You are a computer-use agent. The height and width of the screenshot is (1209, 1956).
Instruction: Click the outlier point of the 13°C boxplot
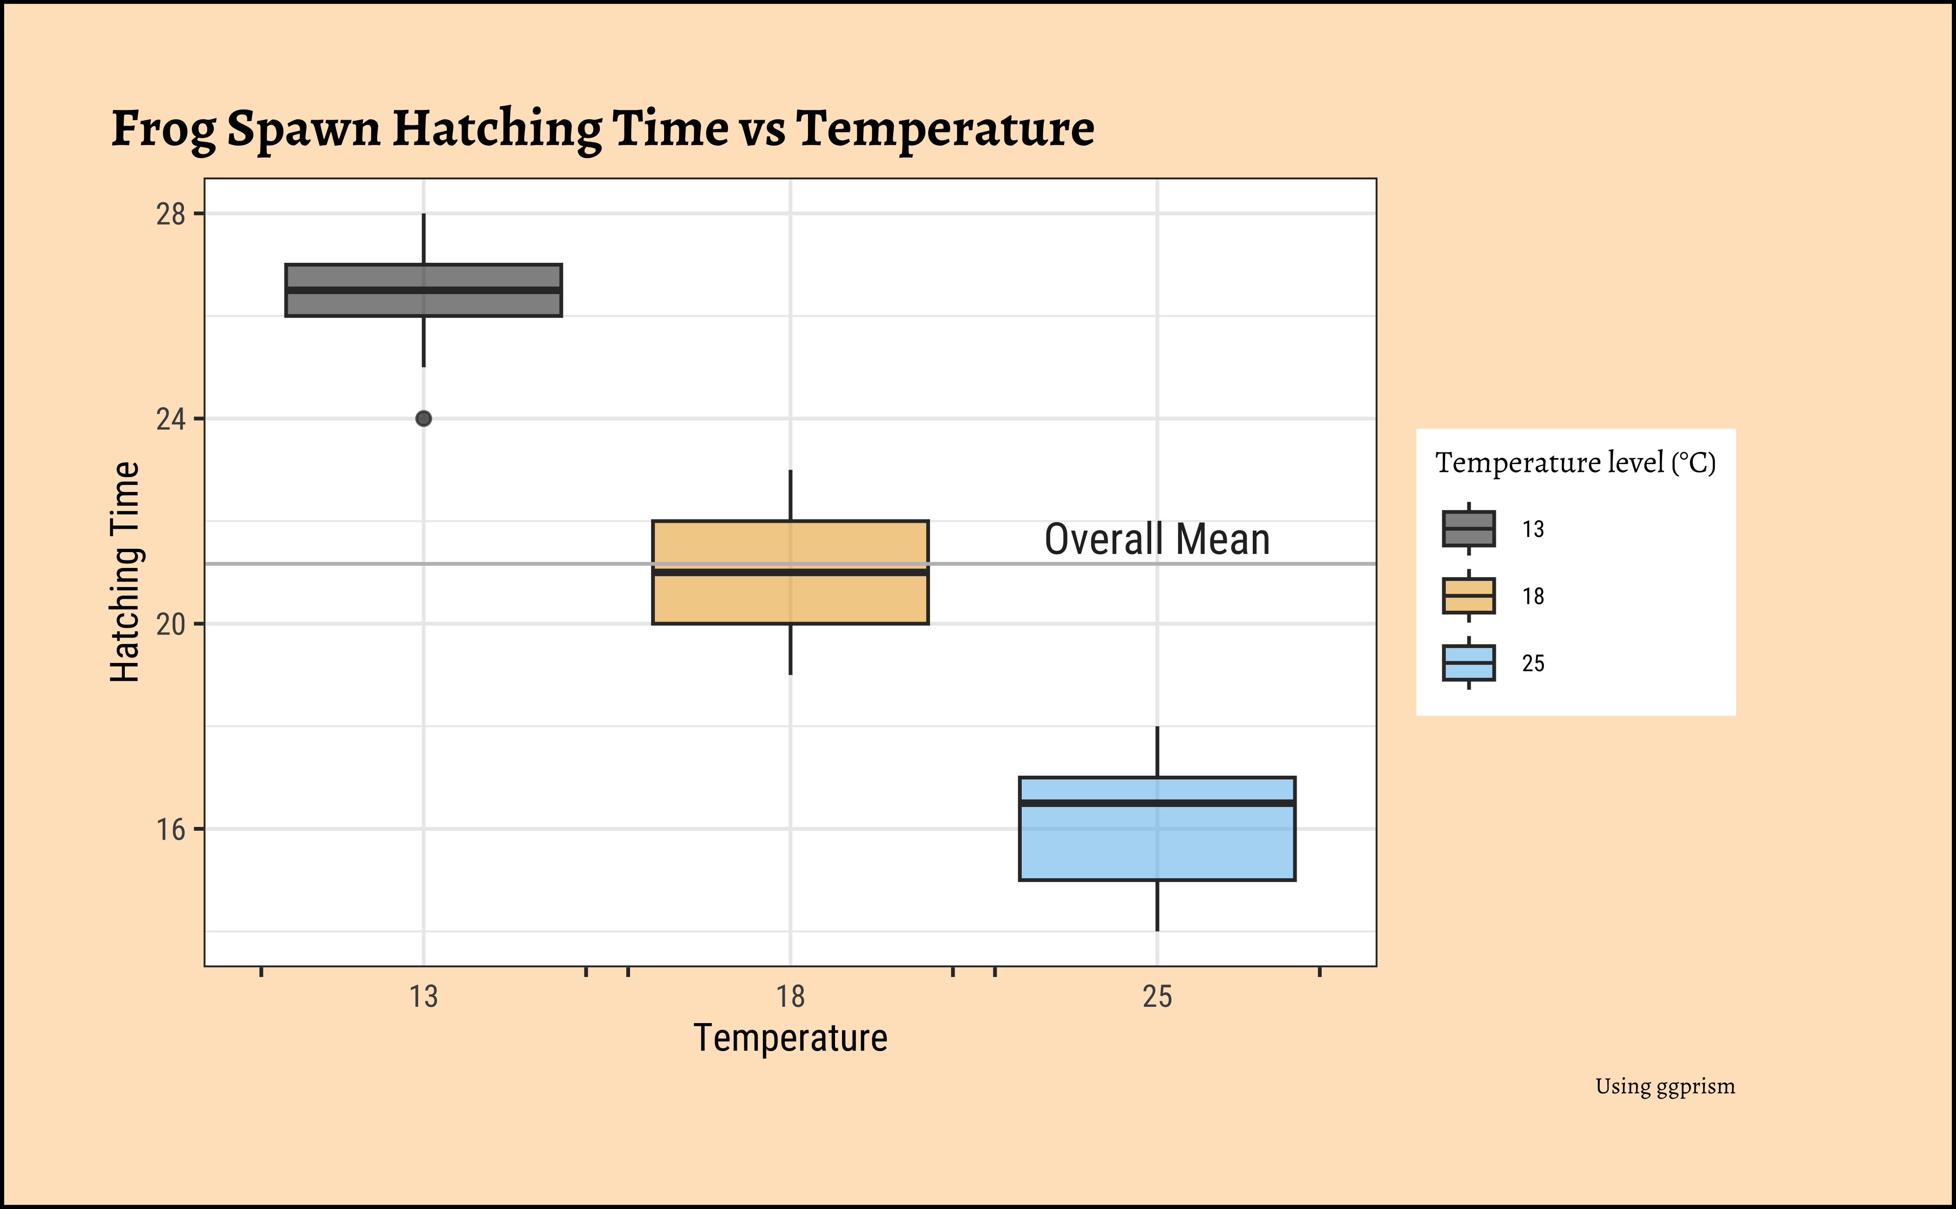click(x=424, y=418)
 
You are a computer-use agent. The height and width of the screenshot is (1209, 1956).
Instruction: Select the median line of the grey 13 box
click(x=424, y=290)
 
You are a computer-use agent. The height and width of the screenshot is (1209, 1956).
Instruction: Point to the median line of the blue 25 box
click(x=1157, y=803)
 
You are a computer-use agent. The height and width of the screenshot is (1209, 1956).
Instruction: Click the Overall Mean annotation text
click(x=1157, y=539)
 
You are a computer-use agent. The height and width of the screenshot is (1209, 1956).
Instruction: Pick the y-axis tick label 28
click(x=170, y=214)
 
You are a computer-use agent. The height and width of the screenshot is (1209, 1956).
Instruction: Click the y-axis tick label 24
click(x=170, y=419)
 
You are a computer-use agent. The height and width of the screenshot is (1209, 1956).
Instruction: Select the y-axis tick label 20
click(x=170, y=624)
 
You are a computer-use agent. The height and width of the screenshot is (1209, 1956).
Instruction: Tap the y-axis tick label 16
click(x=170, y=830)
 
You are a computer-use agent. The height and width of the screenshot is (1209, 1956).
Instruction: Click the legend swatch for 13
click(x=1468, y=528)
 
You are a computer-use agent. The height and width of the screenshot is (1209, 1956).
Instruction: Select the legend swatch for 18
click(x=1468, y=596)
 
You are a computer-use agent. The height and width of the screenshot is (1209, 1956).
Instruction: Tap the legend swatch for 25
click(x=1468, y=663)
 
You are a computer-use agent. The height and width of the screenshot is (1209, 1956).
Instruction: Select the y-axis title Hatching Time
click(x=125, y=572)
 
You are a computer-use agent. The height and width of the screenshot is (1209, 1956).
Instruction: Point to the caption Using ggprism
click(x=1665, y=1086)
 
